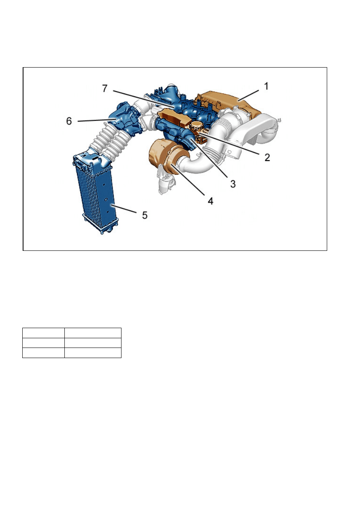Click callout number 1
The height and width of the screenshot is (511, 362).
click(266, 86)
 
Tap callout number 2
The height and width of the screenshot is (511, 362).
click(267, 157)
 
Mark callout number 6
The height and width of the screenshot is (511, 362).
click(69, 121)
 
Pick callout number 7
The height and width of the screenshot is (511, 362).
click(105, 88)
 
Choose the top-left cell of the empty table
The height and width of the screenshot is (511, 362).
click(43, 333)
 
